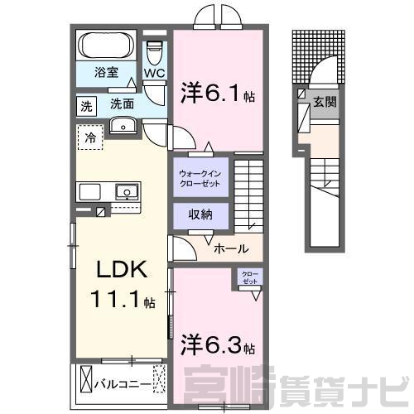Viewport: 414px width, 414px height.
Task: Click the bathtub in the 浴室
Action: coord(106,46)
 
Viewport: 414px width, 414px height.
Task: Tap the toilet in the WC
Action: coord(154,53)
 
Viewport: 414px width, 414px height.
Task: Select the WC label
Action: coord(155,73)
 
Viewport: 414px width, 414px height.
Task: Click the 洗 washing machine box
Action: coord(86,106)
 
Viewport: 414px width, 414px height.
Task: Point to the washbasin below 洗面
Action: coord(123,125)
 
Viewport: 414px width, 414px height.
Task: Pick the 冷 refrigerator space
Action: coord(90,137)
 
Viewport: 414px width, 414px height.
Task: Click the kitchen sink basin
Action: coord(127,191)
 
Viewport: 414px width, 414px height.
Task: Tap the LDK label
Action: coord(122,269)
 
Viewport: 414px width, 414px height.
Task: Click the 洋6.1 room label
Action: coord(218,94)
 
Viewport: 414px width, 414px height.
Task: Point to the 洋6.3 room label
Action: coord(218,344)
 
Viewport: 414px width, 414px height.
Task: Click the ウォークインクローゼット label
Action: coord(200,179)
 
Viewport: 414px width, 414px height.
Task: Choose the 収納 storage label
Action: coord(200,214)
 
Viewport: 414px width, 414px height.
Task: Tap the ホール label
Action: coord(231,249)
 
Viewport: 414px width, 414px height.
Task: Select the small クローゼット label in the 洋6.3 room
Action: coord(250,277)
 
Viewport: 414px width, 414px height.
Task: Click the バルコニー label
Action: coord(123,384)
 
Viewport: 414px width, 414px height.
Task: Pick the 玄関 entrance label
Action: coord(325,103)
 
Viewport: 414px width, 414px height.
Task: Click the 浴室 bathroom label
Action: coord(107,72)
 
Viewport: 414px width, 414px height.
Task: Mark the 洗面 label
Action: coord(122,104)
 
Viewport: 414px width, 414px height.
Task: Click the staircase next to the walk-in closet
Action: coord(248,196)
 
